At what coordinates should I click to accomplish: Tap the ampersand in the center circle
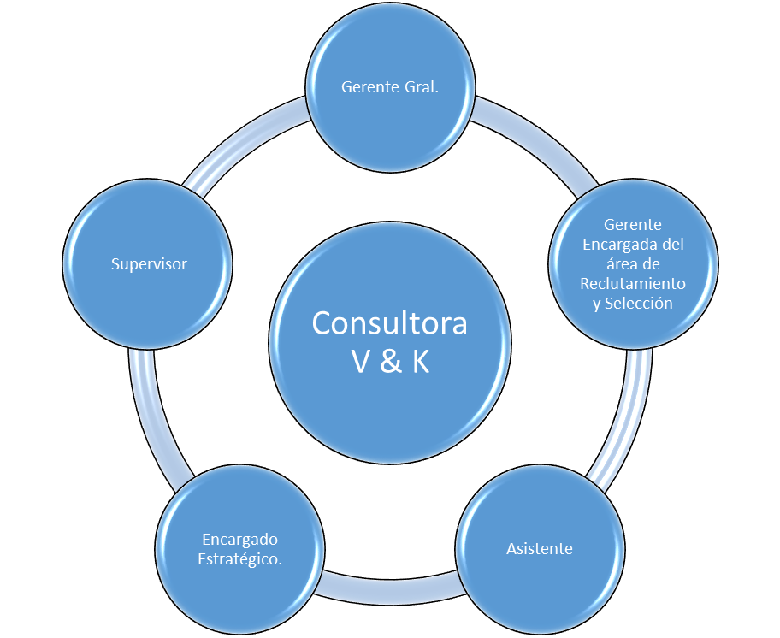tap(390, 362)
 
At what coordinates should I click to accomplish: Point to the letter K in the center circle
tap(419, 362)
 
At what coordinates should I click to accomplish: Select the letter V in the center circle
tap(361, 362)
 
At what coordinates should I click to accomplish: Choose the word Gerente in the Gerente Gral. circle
tap(369, 86)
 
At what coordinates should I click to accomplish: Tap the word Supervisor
tap(149, 264)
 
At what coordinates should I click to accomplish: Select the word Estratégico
tap(240, 559)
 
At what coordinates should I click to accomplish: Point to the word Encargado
tap(240, 540)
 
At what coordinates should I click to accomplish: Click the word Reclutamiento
tap(633, 283)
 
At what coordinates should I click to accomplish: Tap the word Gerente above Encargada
tap(633, 225)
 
